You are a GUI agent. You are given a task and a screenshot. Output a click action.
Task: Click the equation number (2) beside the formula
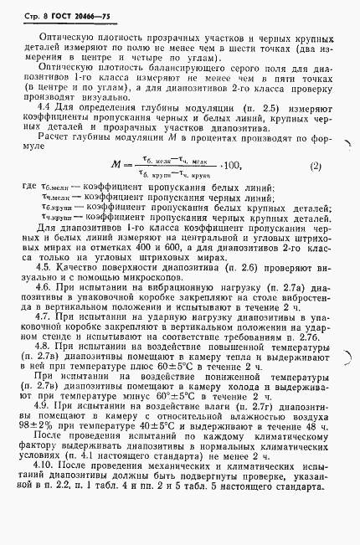[315, 189]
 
